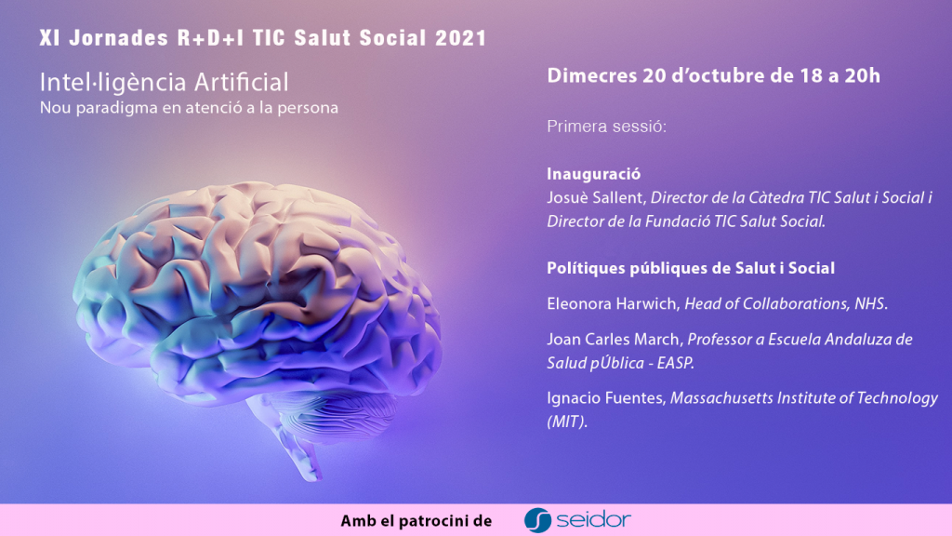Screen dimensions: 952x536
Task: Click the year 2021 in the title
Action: tap(461, 37)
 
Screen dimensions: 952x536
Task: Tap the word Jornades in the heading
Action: tap(118, 37)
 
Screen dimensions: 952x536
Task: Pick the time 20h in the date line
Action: tap(862, 75)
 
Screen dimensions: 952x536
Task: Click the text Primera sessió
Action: tap(606, 127)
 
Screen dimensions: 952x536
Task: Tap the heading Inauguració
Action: tap(594, 174)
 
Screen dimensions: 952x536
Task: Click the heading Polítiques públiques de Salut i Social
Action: tap(691, 268)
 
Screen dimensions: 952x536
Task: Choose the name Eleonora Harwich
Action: tap(612, 303)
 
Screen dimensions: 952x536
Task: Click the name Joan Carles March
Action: tap(614, 339)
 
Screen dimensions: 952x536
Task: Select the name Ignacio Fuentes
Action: tap(605, 398)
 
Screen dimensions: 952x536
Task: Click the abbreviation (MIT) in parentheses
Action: tap(566, 422)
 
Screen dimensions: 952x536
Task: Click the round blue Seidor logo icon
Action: tap(537, 520)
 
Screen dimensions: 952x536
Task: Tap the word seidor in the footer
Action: tap(594, 520)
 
